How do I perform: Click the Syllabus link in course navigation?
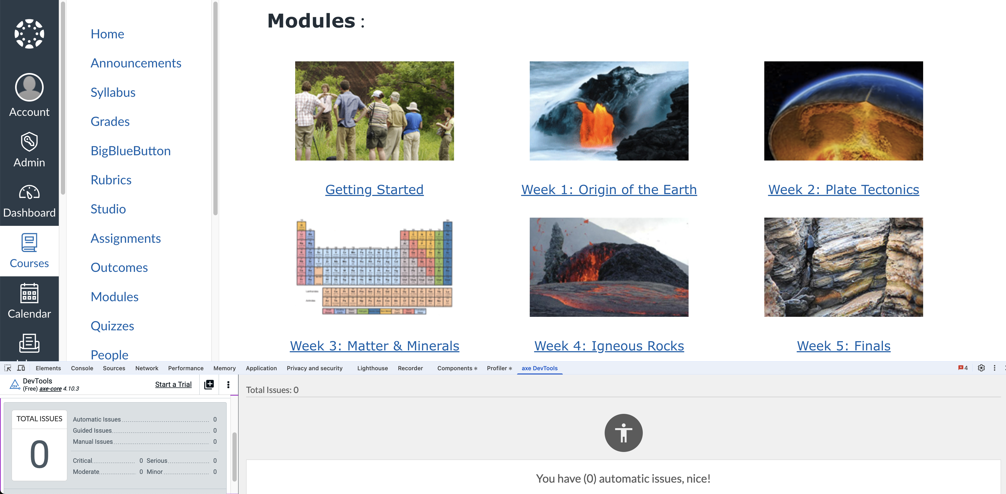coord(113,93)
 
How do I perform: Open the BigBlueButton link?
coord(131,151)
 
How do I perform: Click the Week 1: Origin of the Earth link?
coord(609,190)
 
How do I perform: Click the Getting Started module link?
coord(374,190)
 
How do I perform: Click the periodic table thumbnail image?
coord(374,267)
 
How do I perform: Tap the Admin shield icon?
coord(29,142)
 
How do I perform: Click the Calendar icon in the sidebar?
coord(29,294)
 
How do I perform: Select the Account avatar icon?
coord(29,87)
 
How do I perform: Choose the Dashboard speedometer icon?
coord(29,192)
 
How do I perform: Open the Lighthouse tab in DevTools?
coord(372,368)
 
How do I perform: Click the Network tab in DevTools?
coord(146,368)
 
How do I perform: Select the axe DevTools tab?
coord(539,368)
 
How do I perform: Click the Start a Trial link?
coord(173,384)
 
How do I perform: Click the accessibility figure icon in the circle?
coord(623,433)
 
